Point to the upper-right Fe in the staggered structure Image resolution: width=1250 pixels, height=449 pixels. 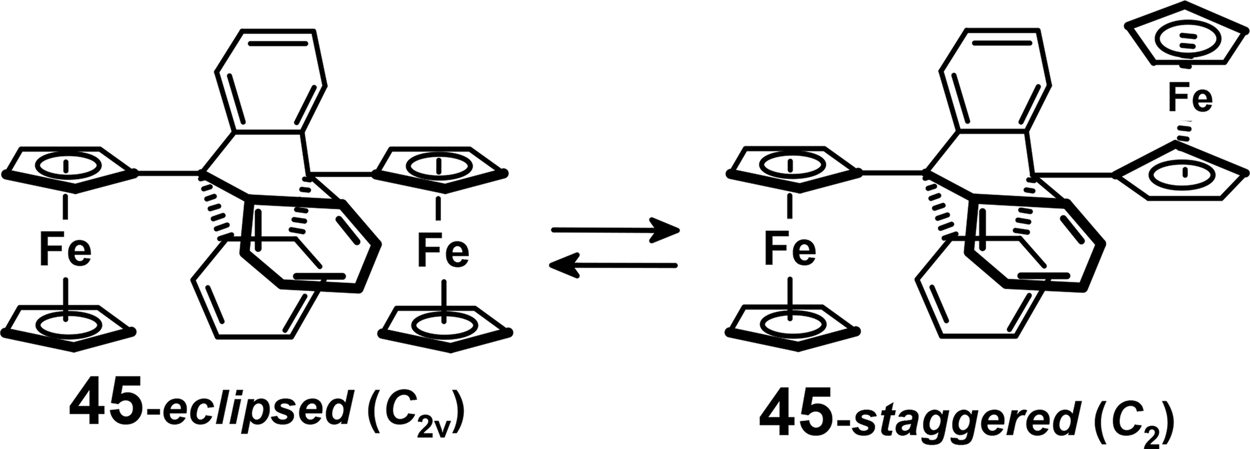(1189, 99)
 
